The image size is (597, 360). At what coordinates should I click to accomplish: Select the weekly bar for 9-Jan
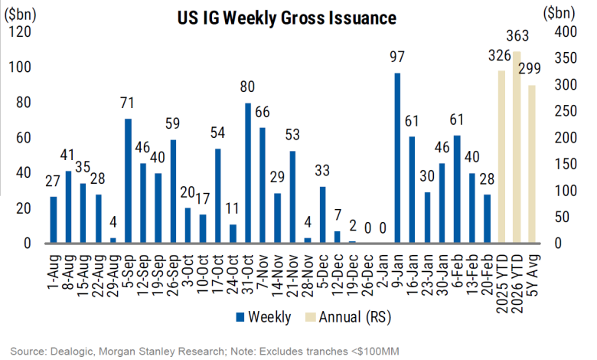click(397, 158)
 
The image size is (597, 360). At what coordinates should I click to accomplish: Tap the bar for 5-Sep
click(128, 181)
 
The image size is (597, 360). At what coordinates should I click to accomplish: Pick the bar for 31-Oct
click(248, 173)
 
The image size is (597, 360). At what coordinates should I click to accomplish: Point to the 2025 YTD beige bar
click(502, 156)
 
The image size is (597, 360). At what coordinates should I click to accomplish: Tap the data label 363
click(518, 37)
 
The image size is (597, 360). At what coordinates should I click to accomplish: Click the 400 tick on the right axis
click(564, 32)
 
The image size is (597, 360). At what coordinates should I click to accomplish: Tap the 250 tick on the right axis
click(564, 111)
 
